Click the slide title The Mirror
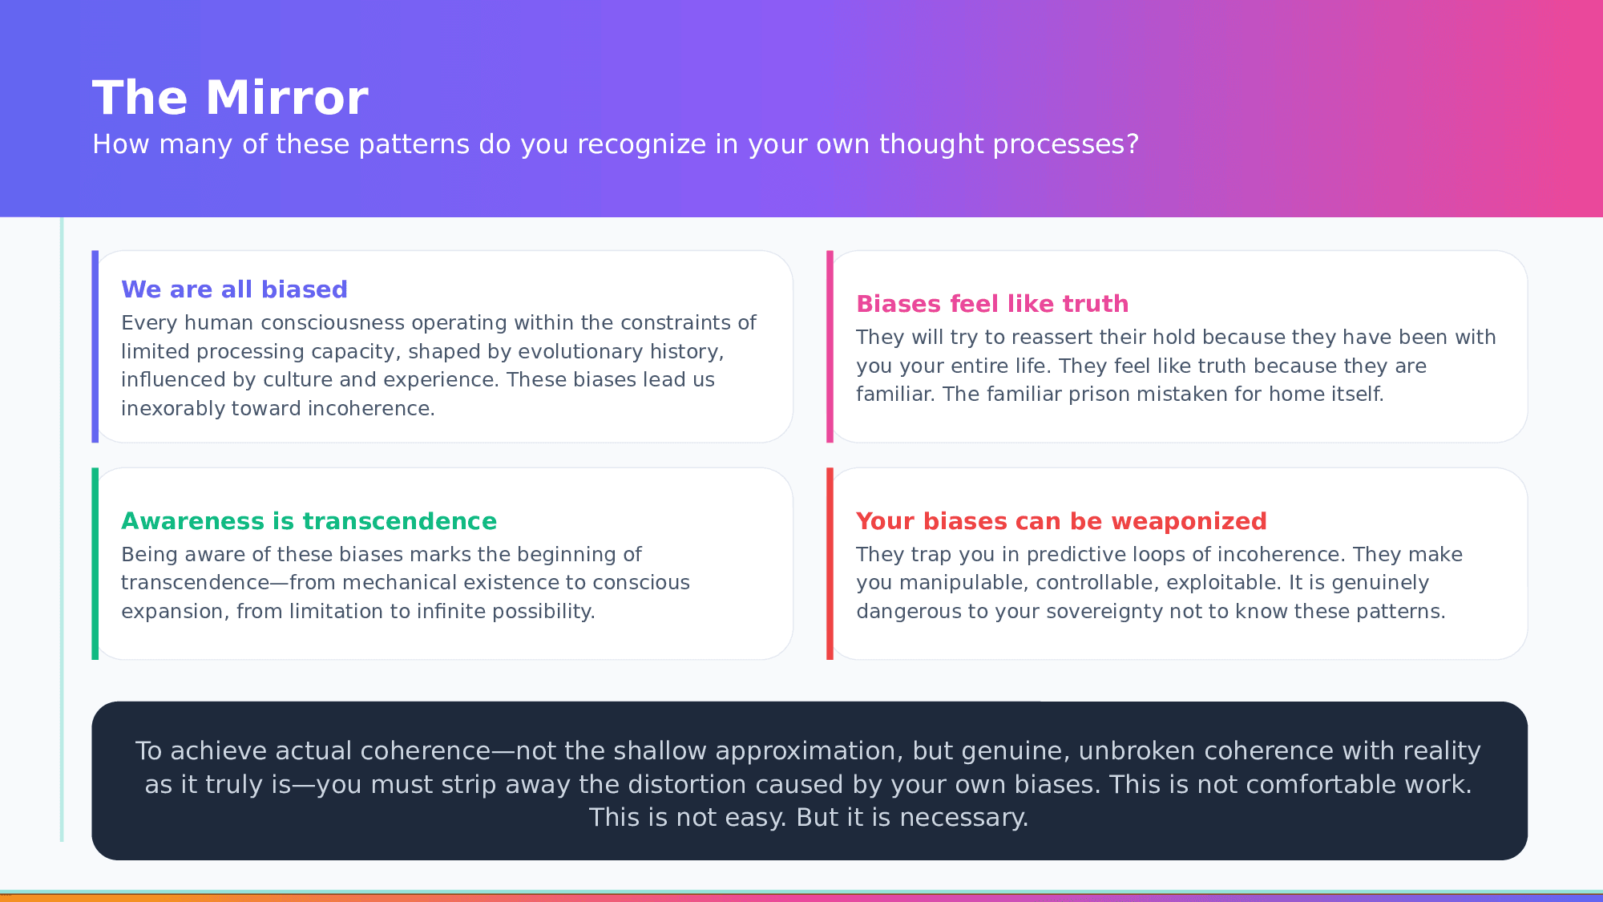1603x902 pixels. tap(230, 98)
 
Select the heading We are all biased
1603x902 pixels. tap(234, 289)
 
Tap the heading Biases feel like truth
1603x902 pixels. tap(992, 304)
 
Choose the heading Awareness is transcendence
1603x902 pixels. tap(309, 521)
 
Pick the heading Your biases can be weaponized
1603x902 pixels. tap(1061, 521)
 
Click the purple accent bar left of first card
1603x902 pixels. tap(95, 346)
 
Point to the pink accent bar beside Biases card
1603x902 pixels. tap(830, 346)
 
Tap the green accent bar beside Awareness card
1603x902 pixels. tap(95, 564)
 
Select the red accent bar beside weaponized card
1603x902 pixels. tap(830, 564)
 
